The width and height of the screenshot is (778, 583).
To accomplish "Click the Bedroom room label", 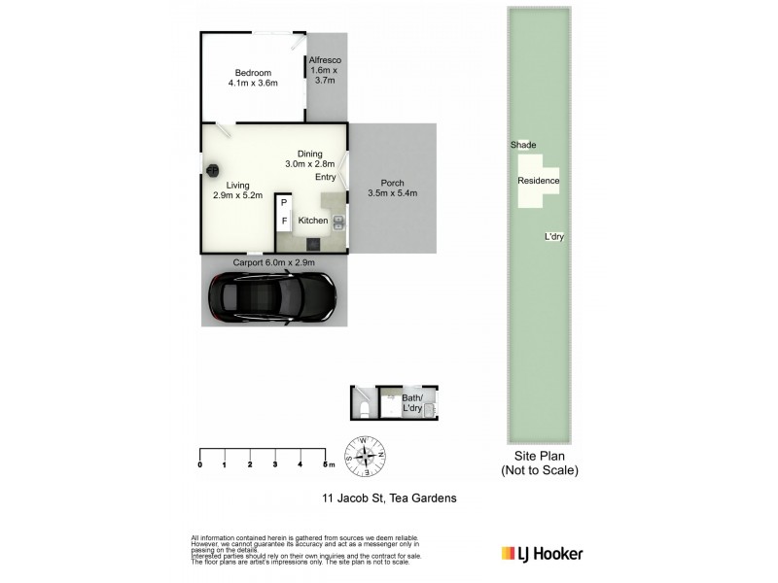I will coord(253,78).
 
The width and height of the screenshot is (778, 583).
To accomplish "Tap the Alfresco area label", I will coord(323,70).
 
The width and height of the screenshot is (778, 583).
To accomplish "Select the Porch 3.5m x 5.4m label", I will coord(392,189).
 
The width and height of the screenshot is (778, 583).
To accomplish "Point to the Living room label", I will coord(238,189).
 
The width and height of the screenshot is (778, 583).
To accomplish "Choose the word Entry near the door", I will coord(325,178).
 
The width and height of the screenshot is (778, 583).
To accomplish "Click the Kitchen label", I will coord(313,222).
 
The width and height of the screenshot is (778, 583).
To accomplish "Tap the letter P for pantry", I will coord(284,204).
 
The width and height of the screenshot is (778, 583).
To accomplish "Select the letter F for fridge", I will coord(284,222).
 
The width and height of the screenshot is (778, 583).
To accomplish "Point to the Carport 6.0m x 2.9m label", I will coord(273,262).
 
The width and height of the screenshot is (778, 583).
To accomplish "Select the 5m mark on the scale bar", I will coord(328,465).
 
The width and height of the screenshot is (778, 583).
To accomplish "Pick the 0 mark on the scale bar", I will coord(200,465).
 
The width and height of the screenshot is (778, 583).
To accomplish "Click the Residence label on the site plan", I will coord(538,182).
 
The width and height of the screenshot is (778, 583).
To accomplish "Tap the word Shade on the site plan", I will coord(523,145).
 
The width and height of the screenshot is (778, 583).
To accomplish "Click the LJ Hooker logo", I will coord(542,554).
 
